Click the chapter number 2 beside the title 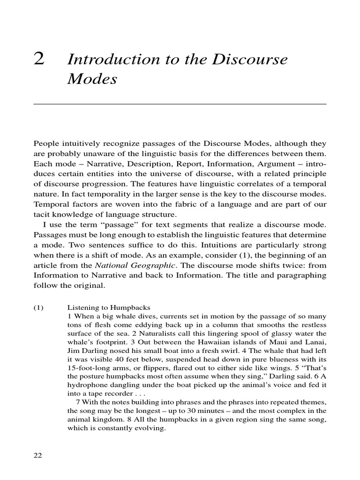point(39,60)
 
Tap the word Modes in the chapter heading point(91,79)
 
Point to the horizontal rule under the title point(180,104)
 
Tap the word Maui point(280,343)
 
